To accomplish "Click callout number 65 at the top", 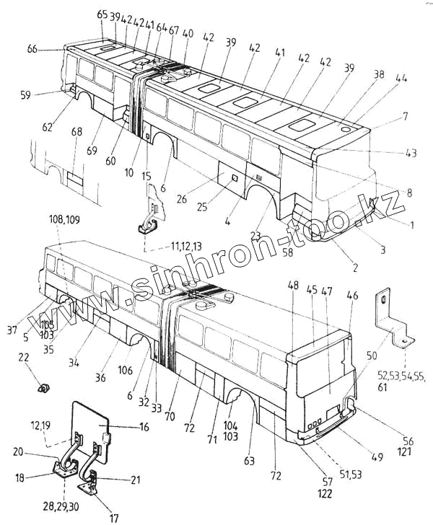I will coord(101,15).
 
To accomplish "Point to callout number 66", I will coord(53,49).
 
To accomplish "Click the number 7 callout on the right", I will coord(406,116).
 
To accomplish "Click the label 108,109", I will coord(64,219).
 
